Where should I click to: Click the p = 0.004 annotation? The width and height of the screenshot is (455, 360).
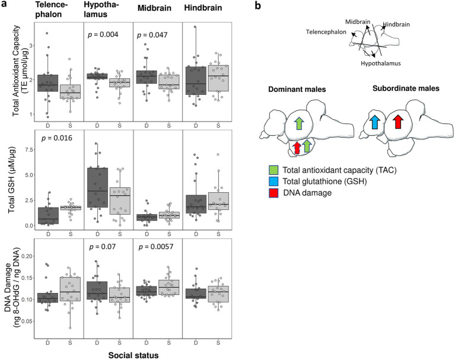tap(103, 35)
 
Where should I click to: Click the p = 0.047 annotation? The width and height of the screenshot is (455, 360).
tap(152, 35)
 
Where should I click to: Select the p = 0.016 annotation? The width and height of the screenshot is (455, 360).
tap(57, 138)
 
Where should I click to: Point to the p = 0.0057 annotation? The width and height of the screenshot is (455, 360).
tap(156, 247)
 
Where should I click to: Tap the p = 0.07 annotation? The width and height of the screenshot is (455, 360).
tap(103, 247)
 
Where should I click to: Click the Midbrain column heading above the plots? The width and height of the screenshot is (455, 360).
tap(154, 8)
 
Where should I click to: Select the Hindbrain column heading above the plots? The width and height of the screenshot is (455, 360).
tap(203, 8)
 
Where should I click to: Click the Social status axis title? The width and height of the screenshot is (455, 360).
tap(133, 355)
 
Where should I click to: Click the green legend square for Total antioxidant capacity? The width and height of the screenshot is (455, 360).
tap(273, 170)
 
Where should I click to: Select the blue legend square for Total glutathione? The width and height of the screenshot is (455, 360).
tap(273, 181)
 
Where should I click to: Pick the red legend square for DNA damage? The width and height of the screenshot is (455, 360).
tap(273, 193)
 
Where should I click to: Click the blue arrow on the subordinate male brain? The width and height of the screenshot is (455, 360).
tap(375, 122)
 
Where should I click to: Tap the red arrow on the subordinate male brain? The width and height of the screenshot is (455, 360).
tap(398, 121)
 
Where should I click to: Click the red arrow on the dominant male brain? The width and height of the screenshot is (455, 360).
tap(297, 147)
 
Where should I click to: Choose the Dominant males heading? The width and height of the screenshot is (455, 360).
tap(297, 89)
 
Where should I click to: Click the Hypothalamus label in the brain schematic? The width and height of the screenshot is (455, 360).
tap(381, 63)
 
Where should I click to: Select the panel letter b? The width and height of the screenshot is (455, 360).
tap(257, 5)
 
